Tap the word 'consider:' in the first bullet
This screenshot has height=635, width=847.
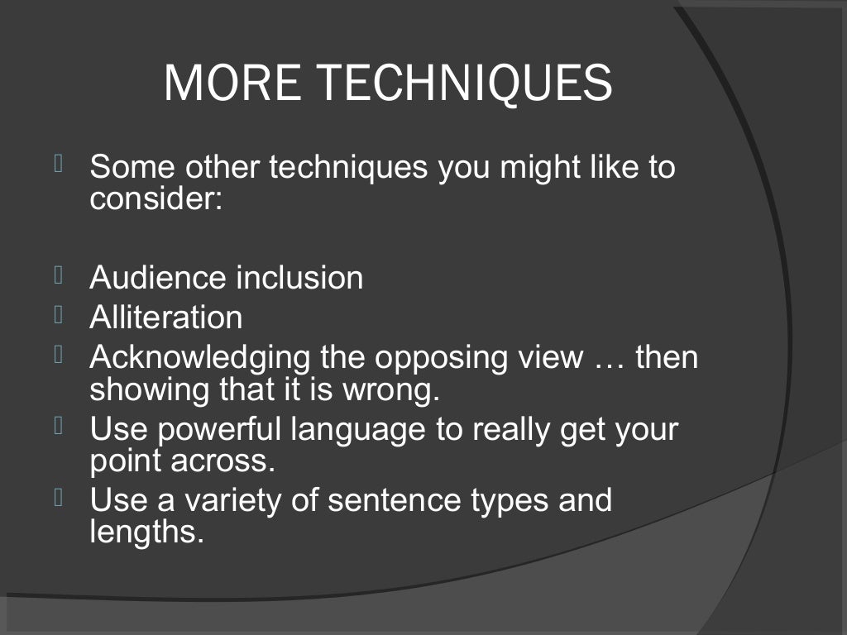pos(156,198)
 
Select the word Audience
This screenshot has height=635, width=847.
pos(158,278)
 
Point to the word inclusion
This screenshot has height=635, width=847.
pos(299,278)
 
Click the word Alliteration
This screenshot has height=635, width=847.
pos(165,317)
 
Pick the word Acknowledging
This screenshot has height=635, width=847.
pos(199,359)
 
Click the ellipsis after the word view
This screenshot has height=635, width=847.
pos(612,359)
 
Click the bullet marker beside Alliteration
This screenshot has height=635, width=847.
pos(60,315)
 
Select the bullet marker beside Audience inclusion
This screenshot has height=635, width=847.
pos(60,275)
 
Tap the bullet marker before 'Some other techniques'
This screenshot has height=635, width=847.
pos(60,165)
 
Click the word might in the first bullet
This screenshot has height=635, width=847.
pos(529,169)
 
